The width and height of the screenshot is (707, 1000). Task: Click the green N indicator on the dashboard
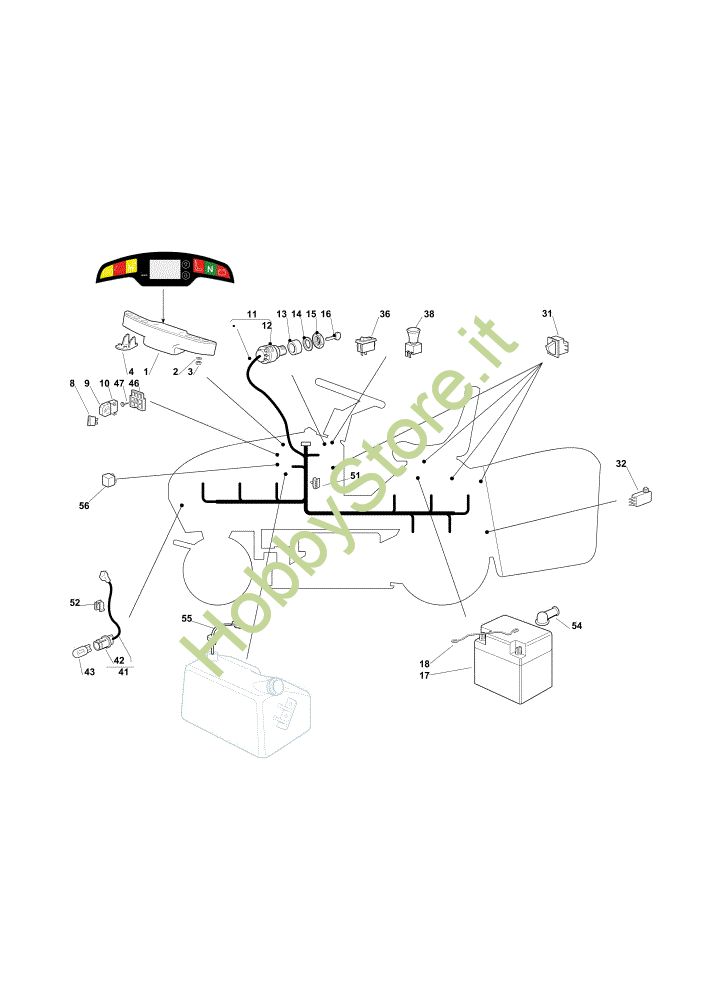point(210,267)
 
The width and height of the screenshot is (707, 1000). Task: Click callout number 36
point(385,314)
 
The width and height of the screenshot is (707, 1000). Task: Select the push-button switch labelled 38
point(410,343)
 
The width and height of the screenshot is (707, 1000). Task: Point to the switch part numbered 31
point(556,347)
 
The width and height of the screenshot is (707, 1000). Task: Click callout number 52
point(75,602)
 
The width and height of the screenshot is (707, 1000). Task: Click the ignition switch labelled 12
point(265,351)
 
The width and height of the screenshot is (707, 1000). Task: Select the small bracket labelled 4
point(127,342)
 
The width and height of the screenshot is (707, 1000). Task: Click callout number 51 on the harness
point(354,476)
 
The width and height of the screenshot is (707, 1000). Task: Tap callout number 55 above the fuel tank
point(187,618)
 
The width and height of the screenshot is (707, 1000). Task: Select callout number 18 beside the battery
point(424,664)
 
